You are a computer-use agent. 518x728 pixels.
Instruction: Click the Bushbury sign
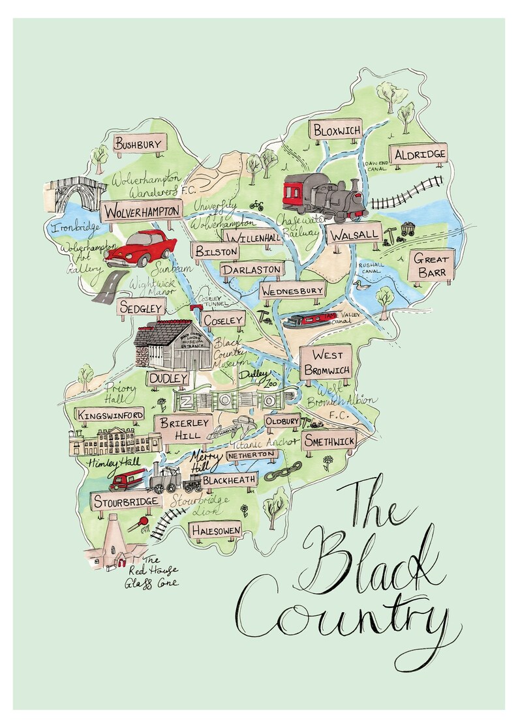click(140, 144)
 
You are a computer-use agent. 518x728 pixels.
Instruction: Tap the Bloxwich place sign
click(337, 130)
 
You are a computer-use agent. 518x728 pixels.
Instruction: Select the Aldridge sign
click(420, 154)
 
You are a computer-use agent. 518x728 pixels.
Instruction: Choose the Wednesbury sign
click(292, 291)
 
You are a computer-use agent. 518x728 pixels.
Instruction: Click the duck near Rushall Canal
click(359, 285)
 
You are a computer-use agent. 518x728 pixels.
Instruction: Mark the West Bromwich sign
click(326, 362)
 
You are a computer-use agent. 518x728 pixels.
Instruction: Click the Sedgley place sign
click(140, 308)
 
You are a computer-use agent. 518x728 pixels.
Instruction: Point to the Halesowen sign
click(216, 531)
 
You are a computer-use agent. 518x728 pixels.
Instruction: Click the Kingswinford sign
click(110, 415)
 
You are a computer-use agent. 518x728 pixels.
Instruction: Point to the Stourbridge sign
click(126, 501)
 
